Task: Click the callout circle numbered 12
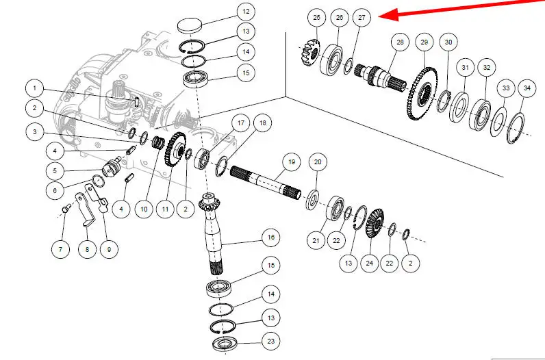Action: tap(246, 12)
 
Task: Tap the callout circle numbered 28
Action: tap(400, 42)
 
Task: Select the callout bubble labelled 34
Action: tap(527, 88)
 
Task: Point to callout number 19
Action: tap(292, 162)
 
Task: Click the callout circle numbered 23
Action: tap(270, 342)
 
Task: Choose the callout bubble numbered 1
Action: tap(34, 88)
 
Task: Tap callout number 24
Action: tap(370, 263)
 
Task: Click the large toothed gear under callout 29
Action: tap(422, 94)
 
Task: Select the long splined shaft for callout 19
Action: tap(266, 183)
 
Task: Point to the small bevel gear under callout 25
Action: tap(309, 53)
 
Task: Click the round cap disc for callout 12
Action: tap(190, 26)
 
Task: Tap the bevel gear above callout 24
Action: tap(374, 224)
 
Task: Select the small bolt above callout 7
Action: tap(66, 209)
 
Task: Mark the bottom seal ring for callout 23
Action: tap(225, 344)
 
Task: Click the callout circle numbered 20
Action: tap(318, 162)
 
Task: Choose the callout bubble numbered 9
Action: tap(109, 249)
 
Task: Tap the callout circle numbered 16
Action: tap(270, 237)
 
